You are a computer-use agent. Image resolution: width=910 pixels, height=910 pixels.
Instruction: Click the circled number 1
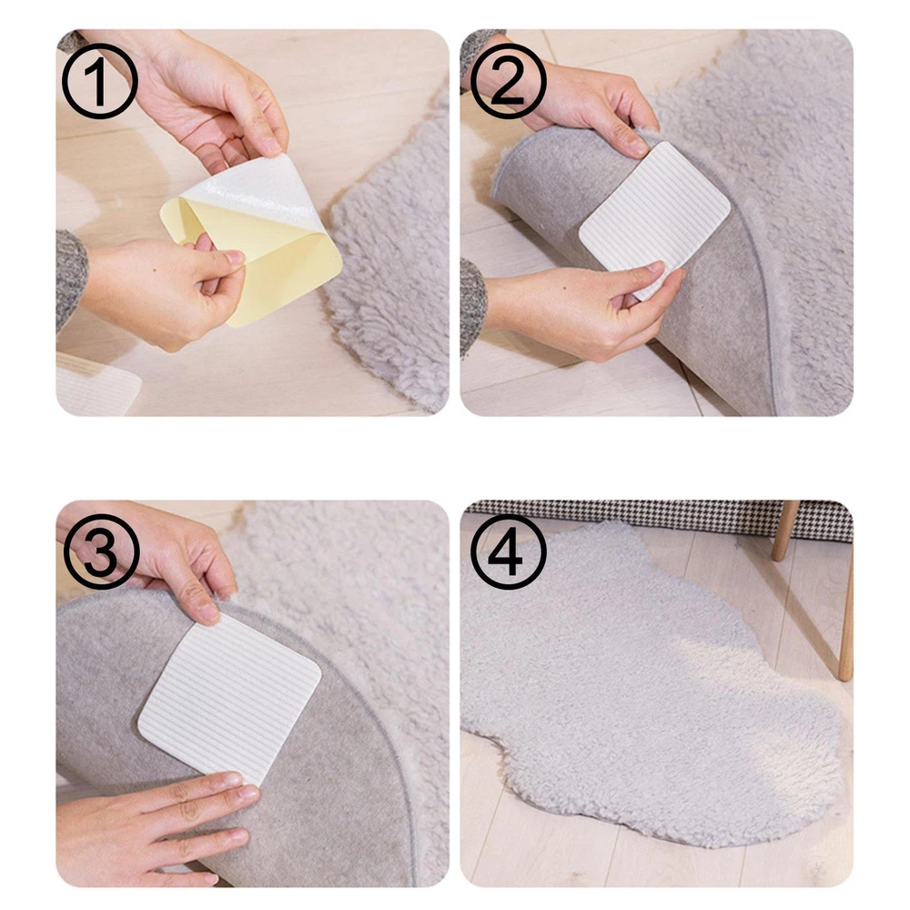tap(100, 81)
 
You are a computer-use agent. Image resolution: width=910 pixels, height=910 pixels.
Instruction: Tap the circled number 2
tap(508, 81)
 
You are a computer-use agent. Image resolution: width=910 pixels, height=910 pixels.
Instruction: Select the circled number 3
tap(102, 551)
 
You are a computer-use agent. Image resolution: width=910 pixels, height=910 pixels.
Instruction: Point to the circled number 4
tap(509, 551)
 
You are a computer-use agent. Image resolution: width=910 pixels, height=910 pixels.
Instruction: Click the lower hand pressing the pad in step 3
tap(151, 824)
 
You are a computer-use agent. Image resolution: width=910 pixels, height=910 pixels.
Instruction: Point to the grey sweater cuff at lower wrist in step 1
tap(71, 278)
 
